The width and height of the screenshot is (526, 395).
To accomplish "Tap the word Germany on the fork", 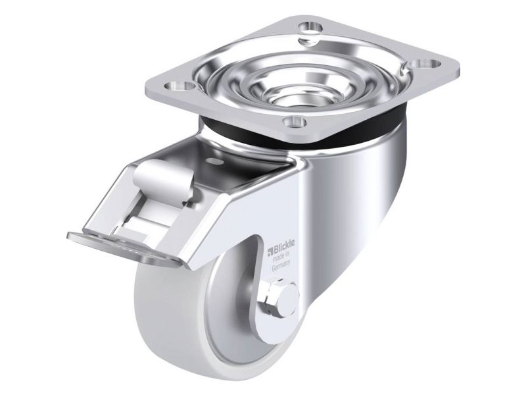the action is point(280,268).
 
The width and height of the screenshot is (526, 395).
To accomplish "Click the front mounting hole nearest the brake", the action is point(295,121).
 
